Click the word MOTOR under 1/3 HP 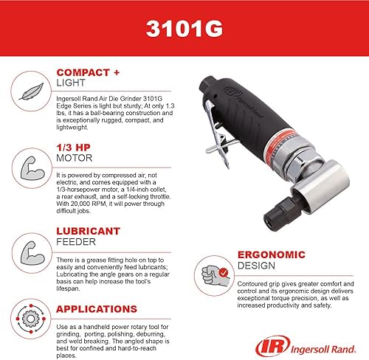72,159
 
